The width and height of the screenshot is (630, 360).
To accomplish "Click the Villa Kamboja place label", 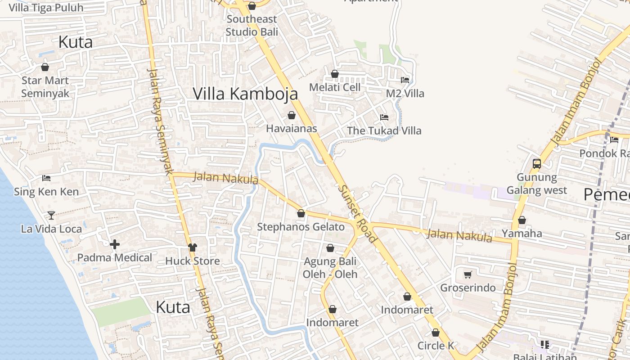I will pos(245,94).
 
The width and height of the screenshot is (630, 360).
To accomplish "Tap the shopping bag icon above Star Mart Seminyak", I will pos(45,67).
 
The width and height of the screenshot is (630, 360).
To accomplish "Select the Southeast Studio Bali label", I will pos(252,25).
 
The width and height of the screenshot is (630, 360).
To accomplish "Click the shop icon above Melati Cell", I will pos(335,74).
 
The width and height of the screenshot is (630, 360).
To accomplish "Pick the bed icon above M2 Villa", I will pos(405,80).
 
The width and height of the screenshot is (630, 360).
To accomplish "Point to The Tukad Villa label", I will pos(384,131).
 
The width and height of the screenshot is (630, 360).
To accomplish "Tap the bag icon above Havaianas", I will pos(292,115).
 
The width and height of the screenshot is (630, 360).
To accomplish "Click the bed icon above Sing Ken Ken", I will pos(46,178).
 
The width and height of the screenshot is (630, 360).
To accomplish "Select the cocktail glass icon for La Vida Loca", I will pos(51,216).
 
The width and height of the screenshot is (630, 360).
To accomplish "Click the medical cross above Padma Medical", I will pos(115,244).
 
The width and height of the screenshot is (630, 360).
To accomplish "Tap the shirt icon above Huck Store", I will pos(193,247).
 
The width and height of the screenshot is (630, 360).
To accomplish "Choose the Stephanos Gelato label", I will pos(301,227).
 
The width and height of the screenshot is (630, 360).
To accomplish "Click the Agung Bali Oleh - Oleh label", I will pos(330,268).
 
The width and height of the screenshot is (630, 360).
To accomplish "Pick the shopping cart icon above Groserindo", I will pos(468,274).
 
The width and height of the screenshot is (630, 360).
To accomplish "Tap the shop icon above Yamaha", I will pos(522,220).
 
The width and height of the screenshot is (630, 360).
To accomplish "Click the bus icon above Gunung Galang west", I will pos(537,164).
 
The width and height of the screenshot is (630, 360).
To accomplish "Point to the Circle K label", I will pos(436,346).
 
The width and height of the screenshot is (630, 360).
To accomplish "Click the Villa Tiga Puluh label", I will pos(46,8).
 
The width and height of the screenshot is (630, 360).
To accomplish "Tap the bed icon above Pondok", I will pos(614,139).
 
